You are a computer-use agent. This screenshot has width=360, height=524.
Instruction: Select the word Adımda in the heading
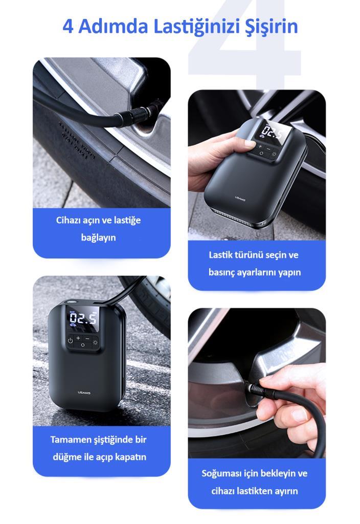[113, 27]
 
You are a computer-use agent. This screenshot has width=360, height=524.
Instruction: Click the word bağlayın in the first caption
[99, 237]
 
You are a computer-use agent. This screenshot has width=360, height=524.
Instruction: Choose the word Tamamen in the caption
[68, 440]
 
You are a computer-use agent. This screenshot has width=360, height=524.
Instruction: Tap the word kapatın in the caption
[131, 457]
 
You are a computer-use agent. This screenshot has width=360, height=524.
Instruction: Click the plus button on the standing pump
[78, 338]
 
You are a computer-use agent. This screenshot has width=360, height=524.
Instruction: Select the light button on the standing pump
[96, 342]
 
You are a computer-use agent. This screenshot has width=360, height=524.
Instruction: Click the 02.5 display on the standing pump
[83, 317]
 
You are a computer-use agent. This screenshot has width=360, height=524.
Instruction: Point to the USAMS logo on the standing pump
[84, 392]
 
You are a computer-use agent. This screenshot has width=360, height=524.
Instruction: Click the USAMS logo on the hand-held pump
[240, 199]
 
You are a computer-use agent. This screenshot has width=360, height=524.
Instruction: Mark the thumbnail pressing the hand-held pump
[250, 144]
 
